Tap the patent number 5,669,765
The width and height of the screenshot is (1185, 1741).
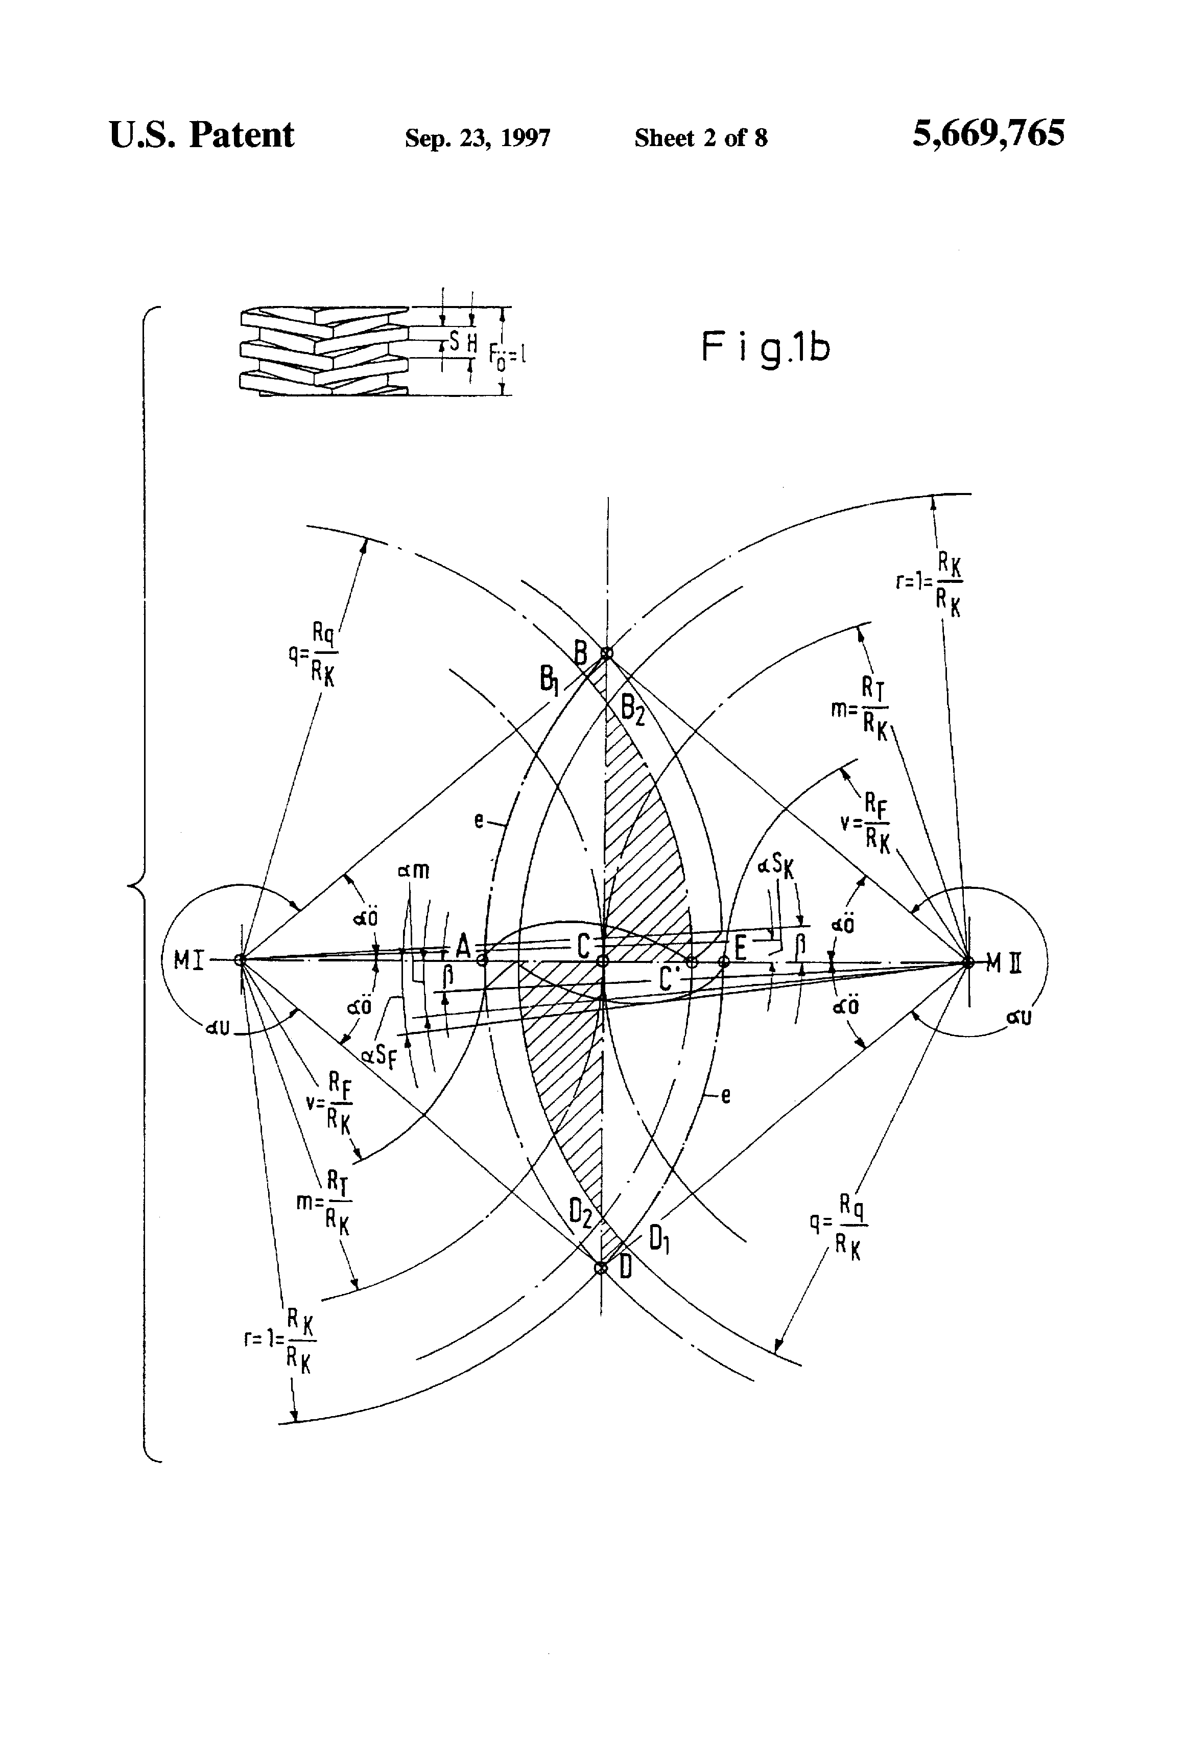pyautogui.click(x=987, y=134)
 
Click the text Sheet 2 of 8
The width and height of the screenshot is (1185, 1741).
pyautogui.click(x=700, y=138)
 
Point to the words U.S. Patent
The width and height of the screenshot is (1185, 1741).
pyautogui.click(x=201, y=135)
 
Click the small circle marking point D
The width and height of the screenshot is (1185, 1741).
pyautogui.click(x=600, y=1268)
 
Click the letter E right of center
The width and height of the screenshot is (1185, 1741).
pyautogui.click(x=740, y=948)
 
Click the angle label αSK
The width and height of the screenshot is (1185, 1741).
pyautogui.click(x=776, y=865)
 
